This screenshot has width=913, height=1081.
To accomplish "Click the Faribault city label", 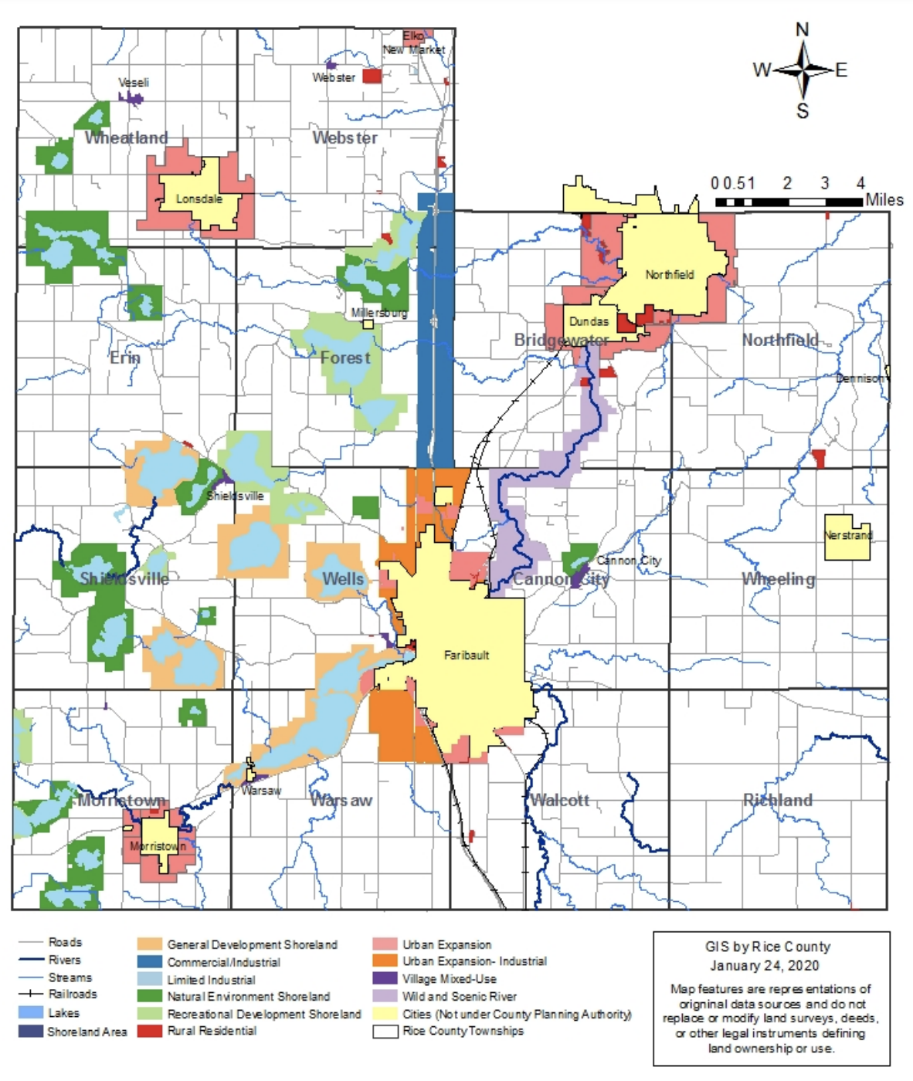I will pos(466,655).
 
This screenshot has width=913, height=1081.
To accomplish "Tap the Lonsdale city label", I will pos(199,198).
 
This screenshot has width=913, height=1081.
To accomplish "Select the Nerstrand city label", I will pos(847,535).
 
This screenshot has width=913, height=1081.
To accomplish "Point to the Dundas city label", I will pos(589,321).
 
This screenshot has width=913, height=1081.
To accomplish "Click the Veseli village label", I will pos(134,83).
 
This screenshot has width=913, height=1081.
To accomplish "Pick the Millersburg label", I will pos(378,313).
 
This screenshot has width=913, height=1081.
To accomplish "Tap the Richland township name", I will pos(777,800).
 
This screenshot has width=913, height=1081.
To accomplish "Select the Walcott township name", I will pos(560,800).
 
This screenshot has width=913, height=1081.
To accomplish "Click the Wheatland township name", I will pos(126,138).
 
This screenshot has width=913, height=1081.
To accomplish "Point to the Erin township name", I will pos(125,358).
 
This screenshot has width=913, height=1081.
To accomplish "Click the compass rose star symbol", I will pos(803,70).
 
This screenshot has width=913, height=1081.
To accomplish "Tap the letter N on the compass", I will pos(803,30).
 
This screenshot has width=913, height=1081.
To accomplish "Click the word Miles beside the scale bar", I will pos(884,200).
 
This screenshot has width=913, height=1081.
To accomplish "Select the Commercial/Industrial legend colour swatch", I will pos(150,962).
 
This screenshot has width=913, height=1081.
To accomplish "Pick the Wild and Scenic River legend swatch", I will pos(385,996).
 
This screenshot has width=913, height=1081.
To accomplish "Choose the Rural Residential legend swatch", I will pos(150,1031).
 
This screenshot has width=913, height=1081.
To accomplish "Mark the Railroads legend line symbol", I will pos(30,995).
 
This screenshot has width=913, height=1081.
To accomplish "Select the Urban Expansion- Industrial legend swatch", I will pos(385,961).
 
